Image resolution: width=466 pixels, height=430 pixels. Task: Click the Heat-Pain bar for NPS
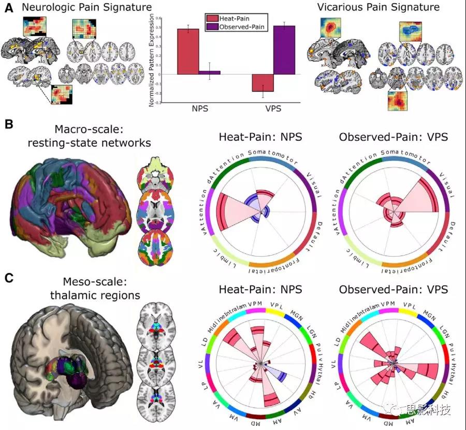[x=188, y=51]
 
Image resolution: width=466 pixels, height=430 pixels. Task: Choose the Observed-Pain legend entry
[x=236, y=27]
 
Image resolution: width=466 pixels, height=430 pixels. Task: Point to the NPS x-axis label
[x=198, y=110]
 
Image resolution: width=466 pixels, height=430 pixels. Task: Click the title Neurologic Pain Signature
[x=83, y=7]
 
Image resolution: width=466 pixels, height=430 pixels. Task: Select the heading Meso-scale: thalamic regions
[x=83, y=289]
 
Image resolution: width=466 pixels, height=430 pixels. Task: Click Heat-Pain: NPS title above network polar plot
[x=260, y=137]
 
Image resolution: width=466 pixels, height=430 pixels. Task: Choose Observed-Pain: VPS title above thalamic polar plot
[x=394, y=289]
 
